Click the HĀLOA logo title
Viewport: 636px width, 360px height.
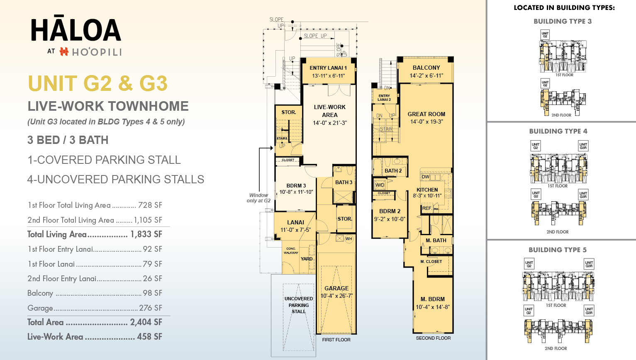coord(76,30)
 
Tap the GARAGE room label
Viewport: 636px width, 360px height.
coord(336,288)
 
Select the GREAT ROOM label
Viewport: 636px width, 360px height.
coord(426,114)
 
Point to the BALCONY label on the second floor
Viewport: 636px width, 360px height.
coord(426,68)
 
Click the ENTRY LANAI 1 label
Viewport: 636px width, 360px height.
coord(328,68)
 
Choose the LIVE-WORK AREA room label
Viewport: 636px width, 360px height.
coord(329,111)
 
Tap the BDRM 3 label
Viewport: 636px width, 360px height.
coord(296,186)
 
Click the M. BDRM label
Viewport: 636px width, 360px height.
coord(432,299)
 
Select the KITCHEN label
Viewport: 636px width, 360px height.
coord(427,190)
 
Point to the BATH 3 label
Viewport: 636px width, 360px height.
coord(344,182)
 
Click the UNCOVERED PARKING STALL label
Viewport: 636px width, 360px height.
coord(299,305)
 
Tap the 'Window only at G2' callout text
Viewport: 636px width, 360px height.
coord(258,198)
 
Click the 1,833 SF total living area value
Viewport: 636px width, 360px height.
coord(146,234)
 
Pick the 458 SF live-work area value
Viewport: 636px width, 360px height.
coord(149,337)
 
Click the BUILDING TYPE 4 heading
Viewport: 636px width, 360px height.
coord(558,131)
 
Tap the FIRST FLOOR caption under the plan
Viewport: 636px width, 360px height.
coord(336,340)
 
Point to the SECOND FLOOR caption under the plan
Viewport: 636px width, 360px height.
coord(433,338)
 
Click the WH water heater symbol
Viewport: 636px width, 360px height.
coord(348,238)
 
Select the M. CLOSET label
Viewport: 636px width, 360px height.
coord(431,262)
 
